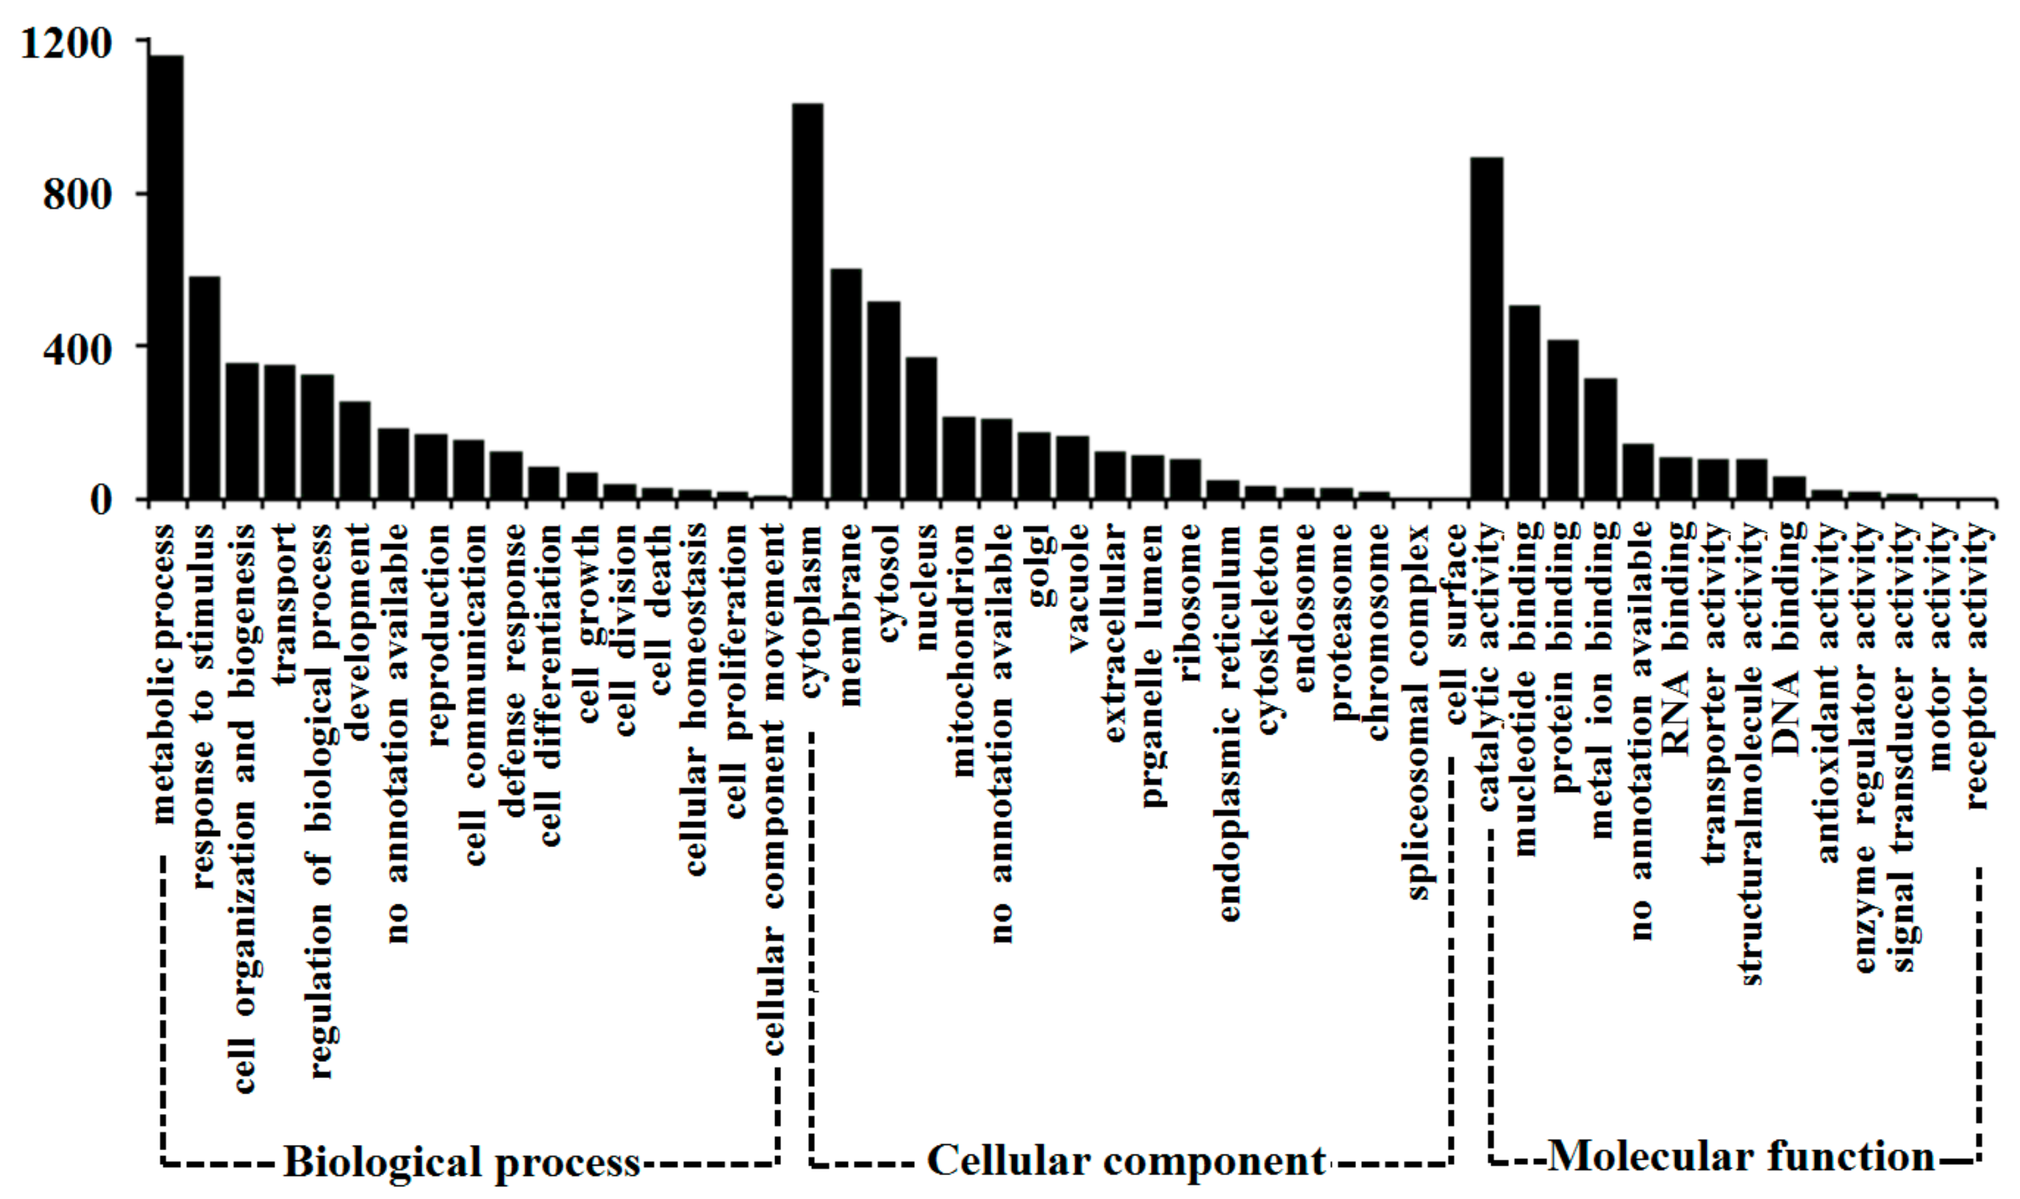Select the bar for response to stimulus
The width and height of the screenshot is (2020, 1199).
click(x=204, y=388)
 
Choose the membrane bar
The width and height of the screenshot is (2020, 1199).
click(x=846, y=384)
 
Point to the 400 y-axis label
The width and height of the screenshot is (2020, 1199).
click(x=76, y=349)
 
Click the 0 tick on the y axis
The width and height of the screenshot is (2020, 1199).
click(x=100, y=501)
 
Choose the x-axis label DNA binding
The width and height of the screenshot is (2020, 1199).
click(x=1787, y=638)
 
